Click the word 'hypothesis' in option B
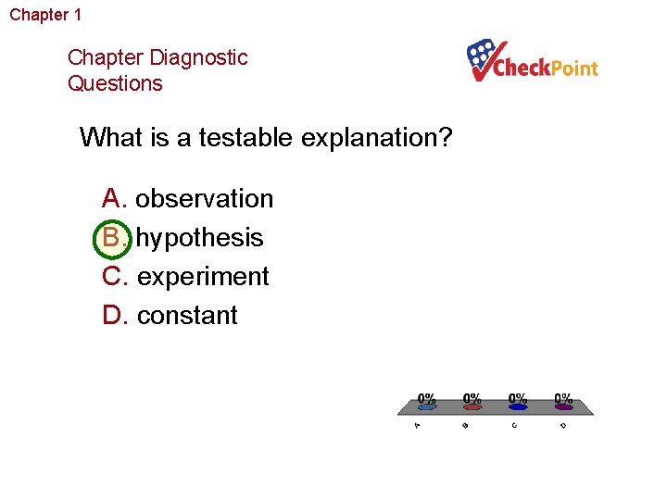[200, 238]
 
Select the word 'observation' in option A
[205, 199]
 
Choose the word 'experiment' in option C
[203, 277]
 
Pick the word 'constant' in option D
[187, 316]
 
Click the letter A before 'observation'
[112, 199]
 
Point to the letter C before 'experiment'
[113, 277]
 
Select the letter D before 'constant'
[113, 316]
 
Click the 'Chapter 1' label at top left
[45, 15]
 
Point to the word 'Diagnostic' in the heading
[197, 57]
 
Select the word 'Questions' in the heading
[115, 83]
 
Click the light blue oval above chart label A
[425, 406]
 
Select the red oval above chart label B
[472, 406]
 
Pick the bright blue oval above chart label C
[518, 406]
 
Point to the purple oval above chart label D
[563, 406]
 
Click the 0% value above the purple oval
[563, 397]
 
